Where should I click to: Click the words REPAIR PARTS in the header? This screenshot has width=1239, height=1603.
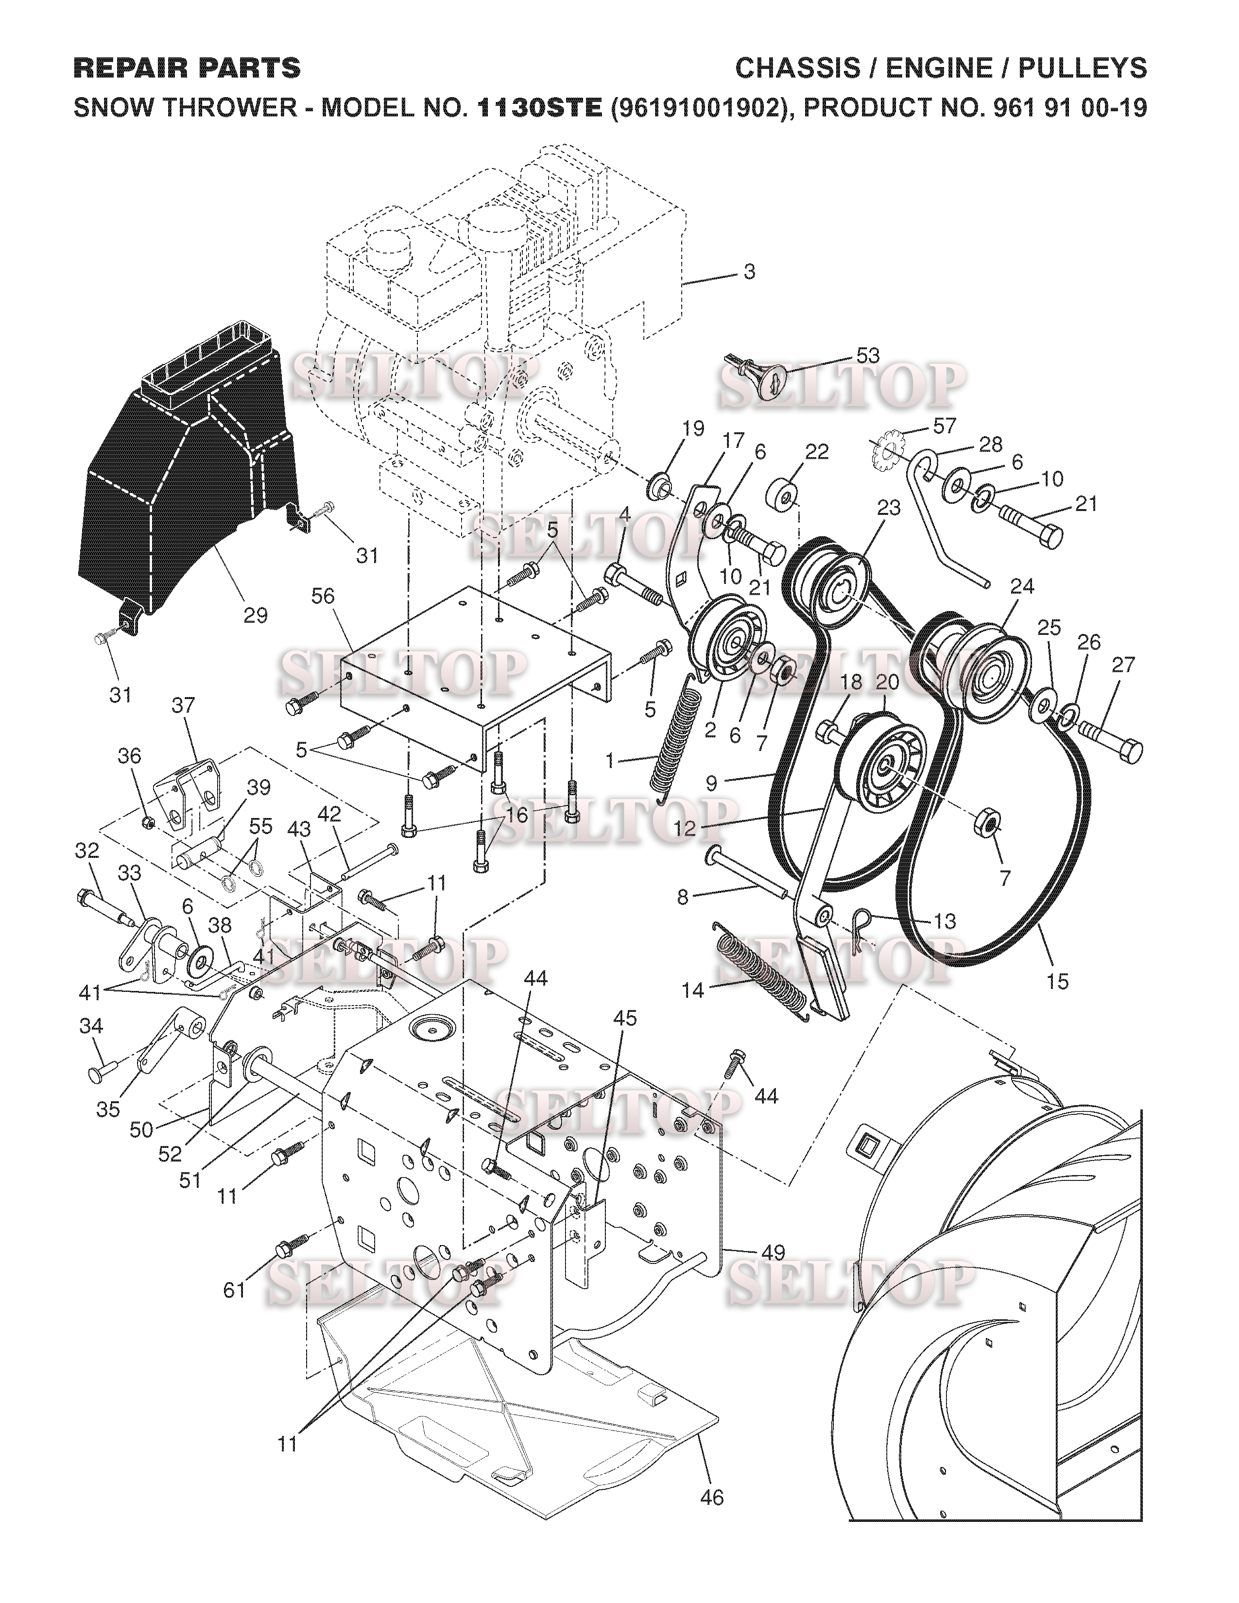coord(187,68)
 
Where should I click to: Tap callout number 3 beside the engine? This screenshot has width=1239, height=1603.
coord(749,272)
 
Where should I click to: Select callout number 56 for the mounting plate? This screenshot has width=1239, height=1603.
coord(323,596)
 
